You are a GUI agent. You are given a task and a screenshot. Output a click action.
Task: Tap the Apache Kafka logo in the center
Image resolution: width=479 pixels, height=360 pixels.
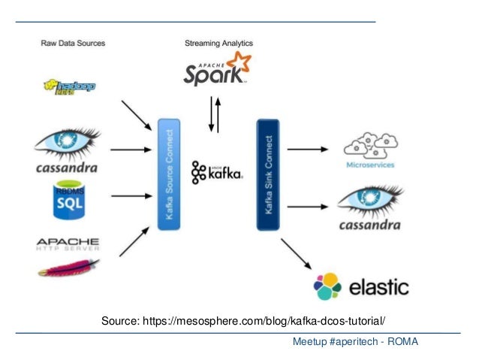[x=216, y=172]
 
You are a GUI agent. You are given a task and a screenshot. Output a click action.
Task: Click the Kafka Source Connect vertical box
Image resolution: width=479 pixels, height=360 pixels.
[x=168, y=174]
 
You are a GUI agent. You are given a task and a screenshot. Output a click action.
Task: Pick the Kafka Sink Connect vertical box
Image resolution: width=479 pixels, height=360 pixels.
[x=268, y=174]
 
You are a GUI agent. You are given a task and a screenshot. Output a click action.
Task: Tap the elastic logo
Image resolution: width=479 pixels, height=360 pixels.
[x=363, y=286]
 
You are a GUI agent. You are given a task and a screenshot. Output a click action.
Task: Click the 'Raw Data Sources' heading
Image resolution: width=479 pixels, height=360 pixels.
[x=73, y=43]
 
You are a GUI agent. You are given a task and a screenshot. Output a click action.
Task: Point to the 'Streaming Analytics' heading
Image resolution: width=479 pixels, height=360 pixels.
[x=218, y=43]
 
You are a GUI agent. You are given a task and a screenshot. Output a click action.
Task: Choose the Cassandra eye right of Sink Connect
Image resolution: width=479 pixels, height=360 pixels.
[x=369, y=201]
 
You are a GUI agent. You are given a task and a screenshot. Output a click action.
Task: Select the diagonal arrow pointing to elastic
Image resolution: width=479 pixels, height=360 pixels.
[x=296, y=253]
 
